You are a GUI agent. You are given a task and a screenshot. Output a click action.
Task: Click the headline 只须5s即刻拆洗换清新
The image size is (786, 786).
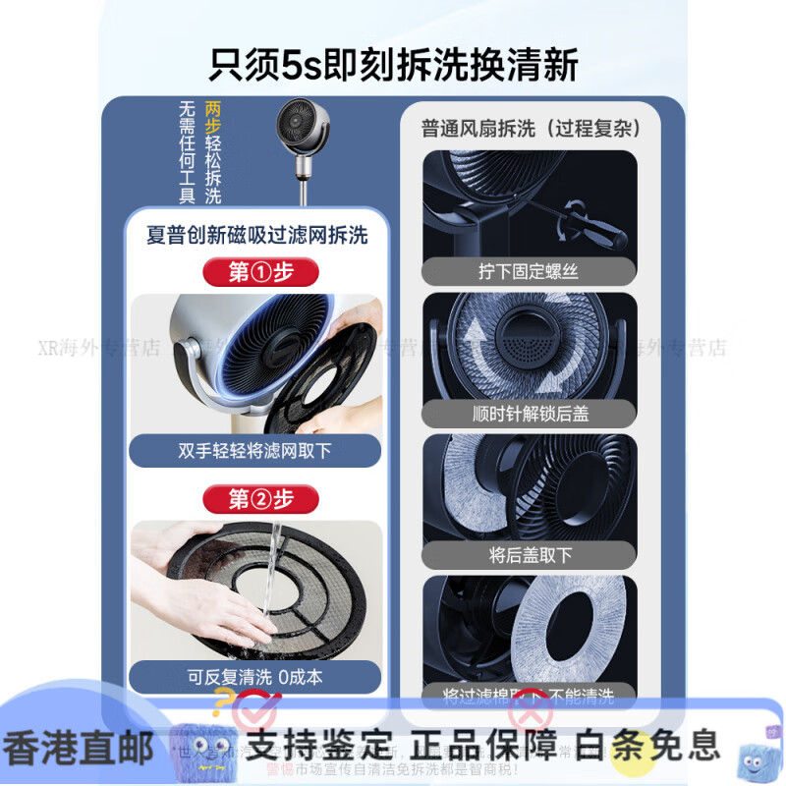click(393, 64)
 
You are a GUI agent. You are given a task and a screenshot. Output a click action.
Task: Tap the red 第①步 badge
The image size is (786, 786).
click(260, 272)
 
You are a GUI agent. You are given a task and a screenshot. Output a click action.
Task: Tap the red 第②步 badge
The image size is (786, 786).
click(260, 499)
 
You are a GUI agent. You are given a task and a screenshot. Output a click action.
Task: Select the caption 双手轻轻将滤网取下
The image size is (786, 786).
click(255, 451)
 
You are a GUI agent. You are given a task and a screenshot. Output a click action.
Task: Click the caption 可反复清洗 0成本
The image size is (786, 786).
click(255, 677)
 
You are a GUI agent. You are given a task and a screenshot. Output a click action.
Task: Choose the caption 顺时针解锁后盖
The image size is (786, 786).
click(530, 414)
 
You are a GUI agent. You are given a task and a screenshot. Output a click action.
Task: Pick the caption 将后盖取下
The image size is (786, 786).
click(530, 555)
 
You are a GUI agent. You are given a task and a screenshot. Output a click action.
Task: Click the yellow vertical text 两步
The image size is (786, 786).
click(213, 119)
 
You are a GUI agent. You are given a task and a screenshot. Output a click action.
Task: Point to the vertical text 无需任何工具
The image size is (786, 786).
click(188, 152)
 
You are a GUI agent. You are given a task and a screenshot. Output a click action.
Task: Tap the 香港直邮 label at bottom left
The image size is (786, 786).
click(79, 747)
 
